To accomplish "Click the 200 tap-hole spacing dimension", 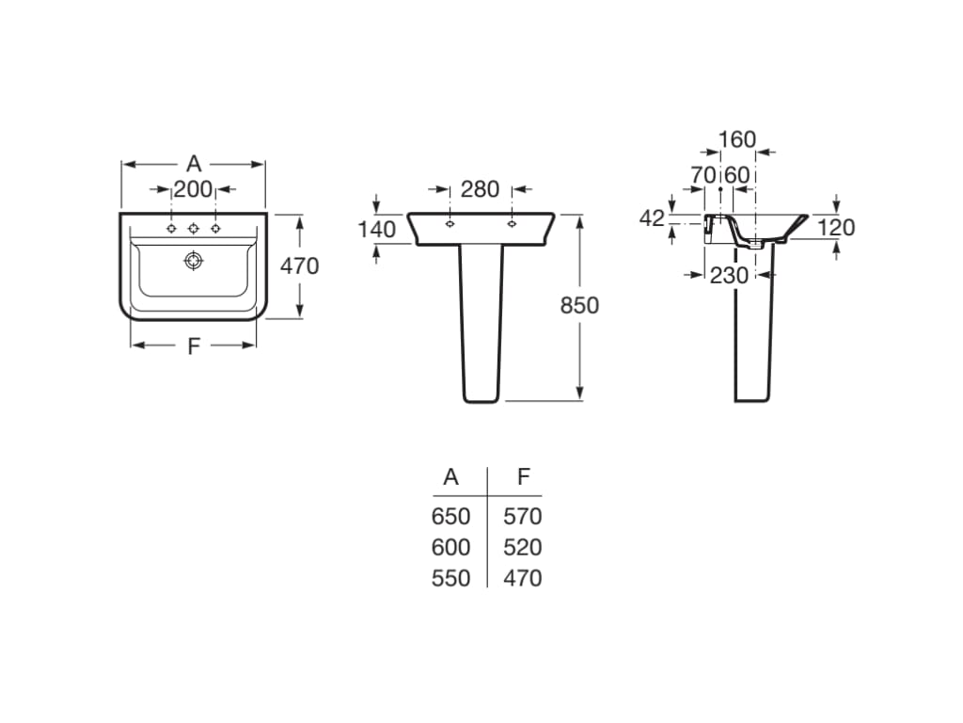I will (x=194, y=189).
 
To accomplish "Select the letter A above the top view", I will (x=194, y=164).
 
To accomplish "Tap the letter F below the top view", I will (x=194, y=345).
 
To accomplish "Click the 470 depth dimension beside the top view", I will (x=300, y=266).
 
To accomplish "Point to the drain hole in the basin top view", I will (x=194, y=261).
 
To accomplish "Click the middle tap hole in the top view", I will (x=194, y=229).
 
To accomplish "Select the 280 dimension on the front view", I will (x=480, y=189).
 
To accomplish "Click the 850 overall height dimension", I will (x=579, y=305).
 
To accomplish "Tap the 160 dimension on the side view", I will (x=737, y=140).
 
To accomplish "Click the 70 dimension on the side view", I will (x=703, y=175).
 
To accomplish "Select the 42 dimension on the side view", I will (x=652, y=218).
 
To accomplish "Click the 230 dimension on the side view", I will (x=729, y=275).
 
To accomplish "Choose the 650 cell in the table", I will (x=450, y=517).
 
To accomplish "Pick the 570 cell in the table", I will (x=523, y=517).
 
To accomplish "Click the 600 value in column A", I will (x=450, y=547).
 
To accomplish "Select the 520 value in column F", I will (x=523, y=547).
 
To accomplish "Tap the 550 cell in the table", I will (x=450, y=578).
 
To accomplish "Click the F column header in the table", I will (x=524, y=477).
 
